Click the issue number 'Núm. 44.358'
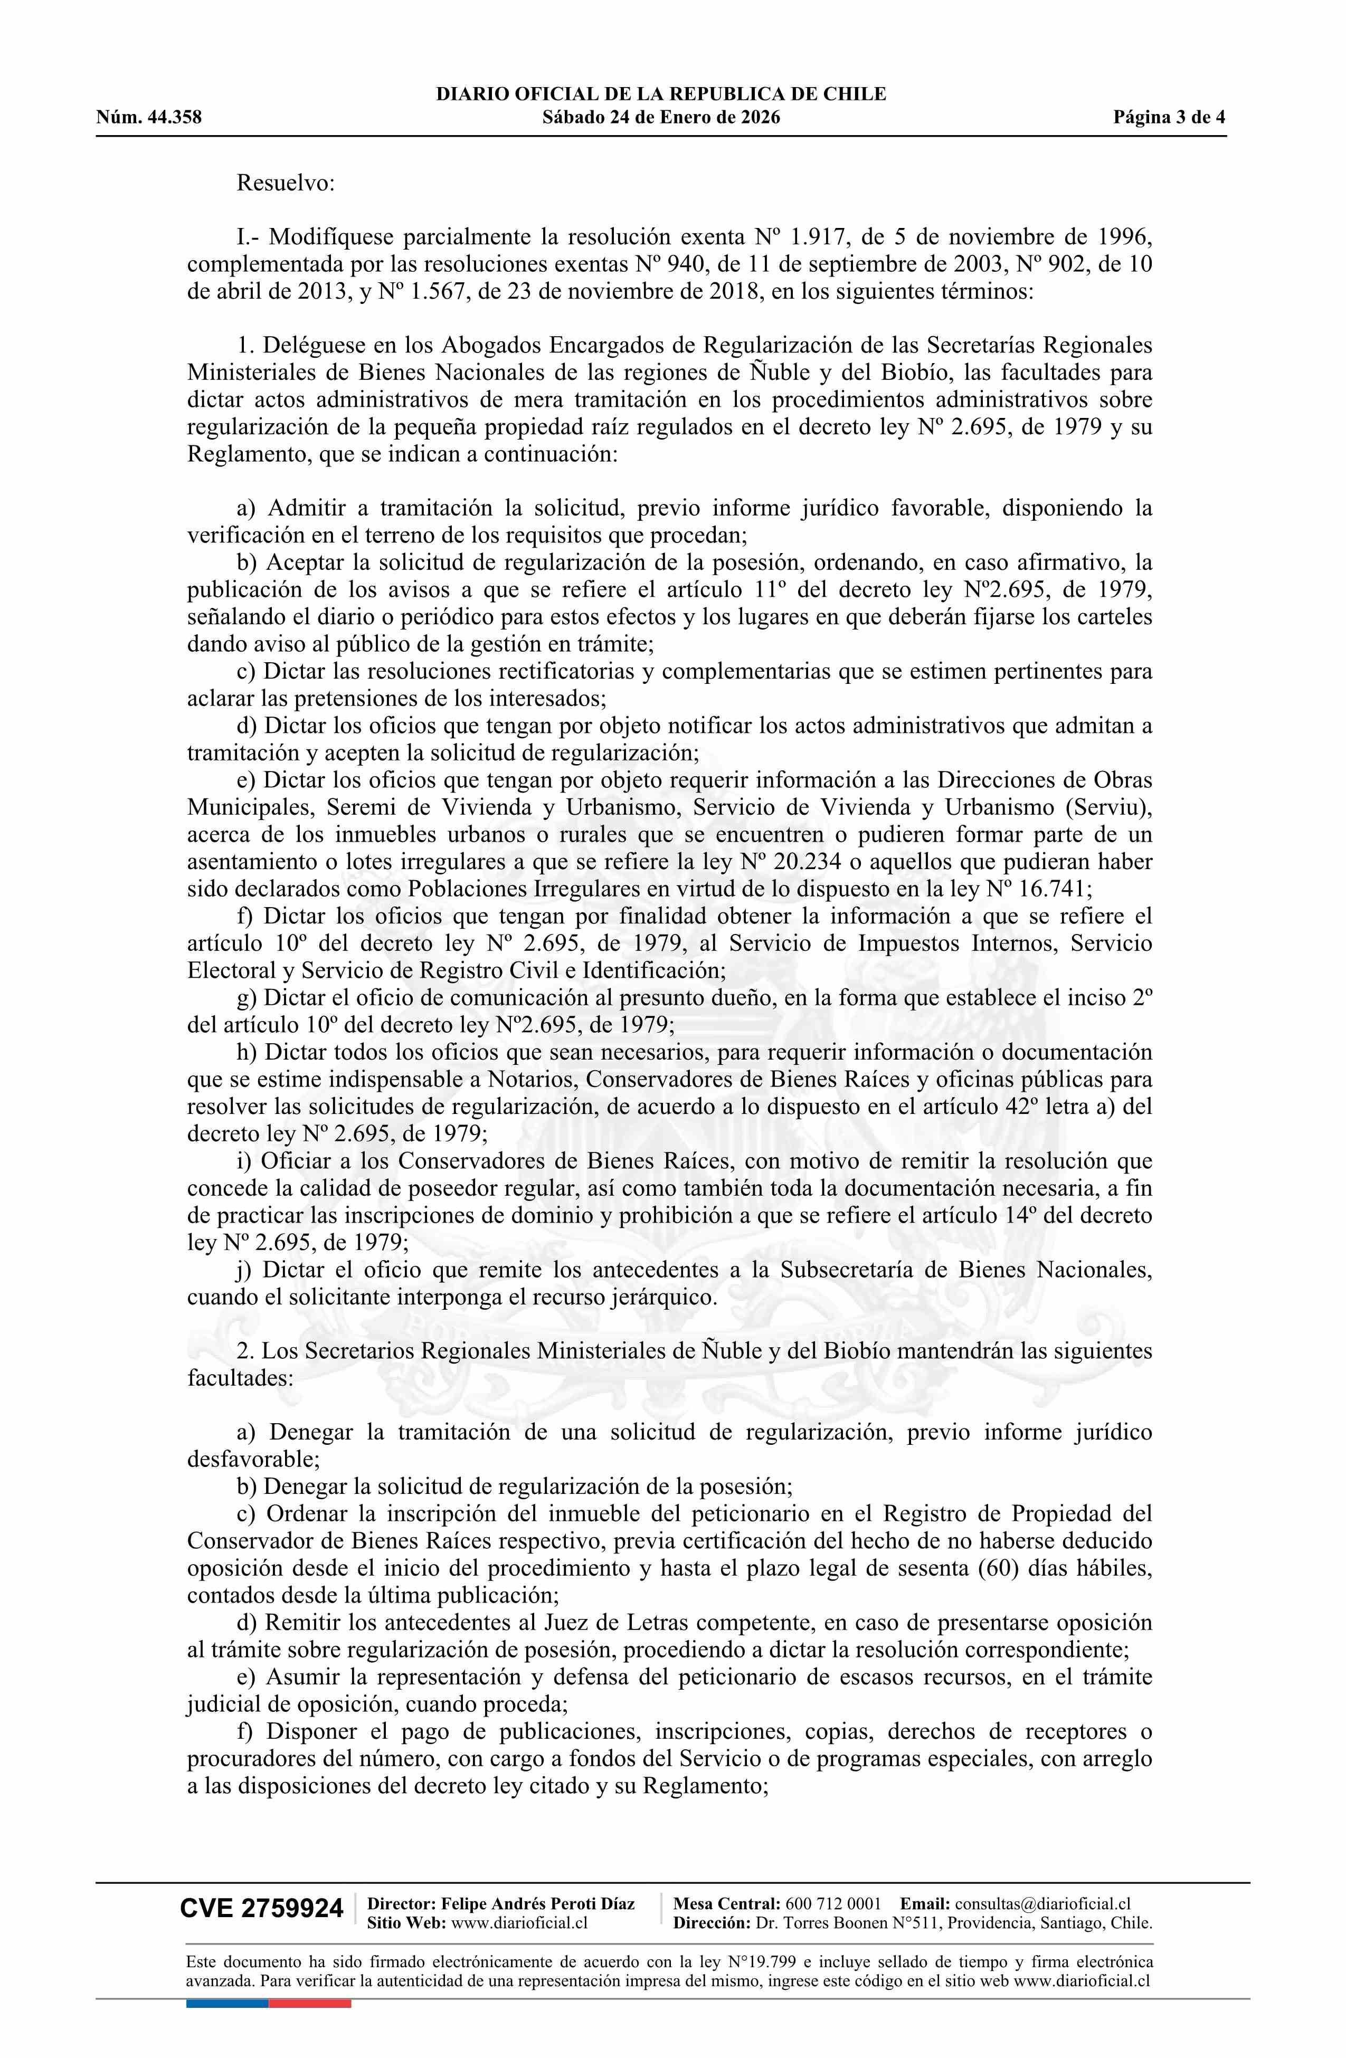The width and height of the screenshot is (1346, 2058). click(149, 118)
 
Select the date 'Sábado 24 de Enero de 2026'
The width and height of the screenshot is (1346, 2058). click(661, 118)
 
